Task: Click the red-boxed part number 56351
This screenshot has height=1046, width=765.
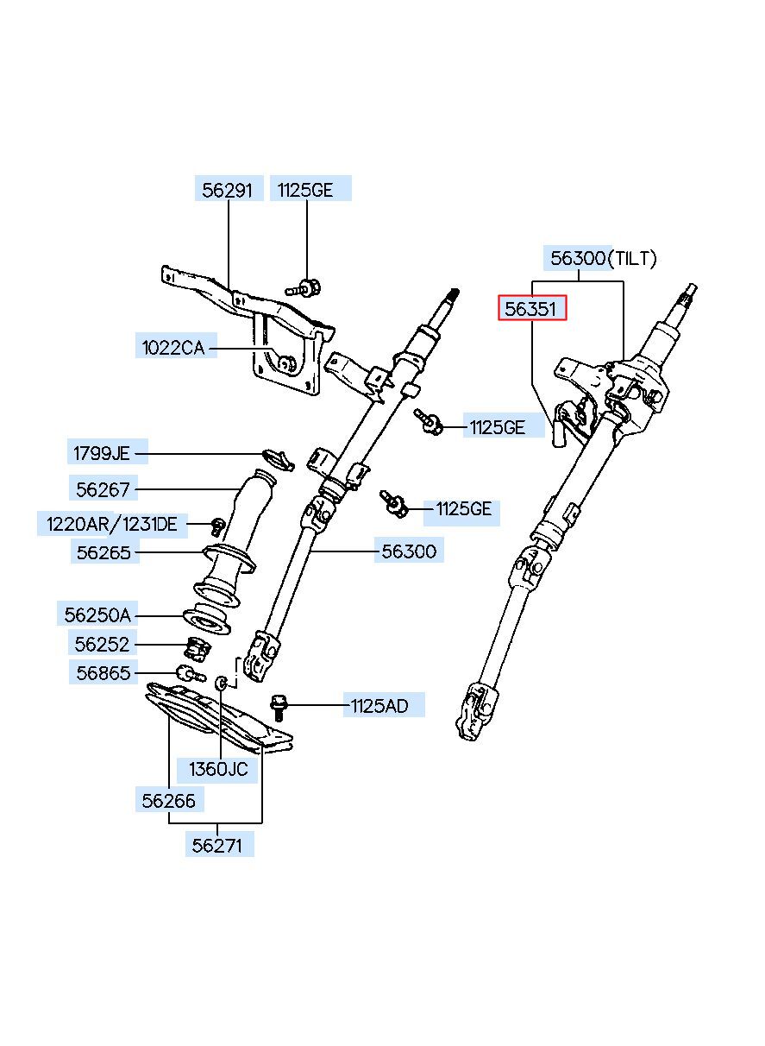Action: point(530,309)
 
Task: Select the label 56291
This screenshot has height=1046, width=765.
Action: point(227,191)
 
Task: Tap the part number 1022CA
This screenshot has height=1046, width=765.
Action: point(173,348)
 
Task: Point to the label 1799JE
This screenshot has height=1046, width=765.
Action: point(101,453)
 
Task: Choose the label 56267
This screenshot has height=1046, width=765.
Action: point(103,490)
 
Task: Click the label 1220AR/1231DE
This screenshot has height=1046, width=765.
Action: point(112,525)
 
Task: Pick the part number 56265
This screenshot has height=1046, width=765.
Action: point(103,553)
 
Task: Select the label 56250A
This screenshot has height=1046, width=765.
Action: point(97,615)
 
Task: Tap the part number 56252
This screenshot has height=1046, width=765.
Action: point(102,645)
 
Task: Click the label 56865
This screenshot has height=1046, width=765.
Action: point(103,673)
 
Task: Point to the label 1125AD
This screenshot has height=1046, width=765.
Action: point(379,706)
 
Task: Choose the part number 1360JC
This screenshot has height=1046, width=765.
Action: point(218,769)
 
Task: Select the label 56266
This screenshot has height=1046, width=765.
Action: point(168,801)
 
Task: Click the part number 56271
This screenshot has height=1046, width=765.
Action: point(217,846)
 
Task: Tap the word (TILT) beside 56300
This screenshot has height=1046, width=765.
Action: point(632,258)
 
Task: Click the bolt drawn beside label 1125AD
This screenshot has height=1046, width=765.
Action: point(279,707)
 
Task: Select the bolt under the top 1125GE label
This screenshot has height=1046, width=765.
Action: point(304,287)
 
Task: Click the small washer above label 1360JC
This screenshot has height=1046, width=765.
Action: point(222,683)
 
